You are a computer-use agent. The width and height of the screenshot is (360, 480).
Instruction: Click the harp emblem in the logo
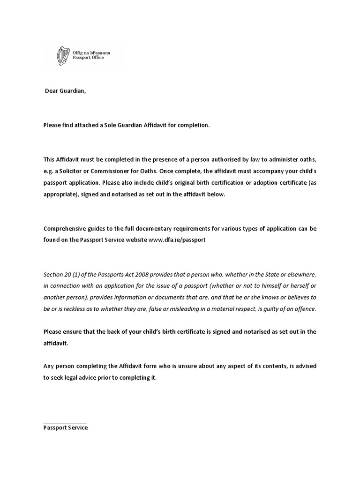click(60, 55)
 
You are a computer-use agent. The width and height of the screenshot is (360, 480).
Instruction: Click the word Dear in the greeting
click(52, 91)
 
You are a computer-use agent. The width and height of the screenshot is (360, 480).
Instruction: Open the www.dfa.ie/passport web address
click(177, 239)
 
